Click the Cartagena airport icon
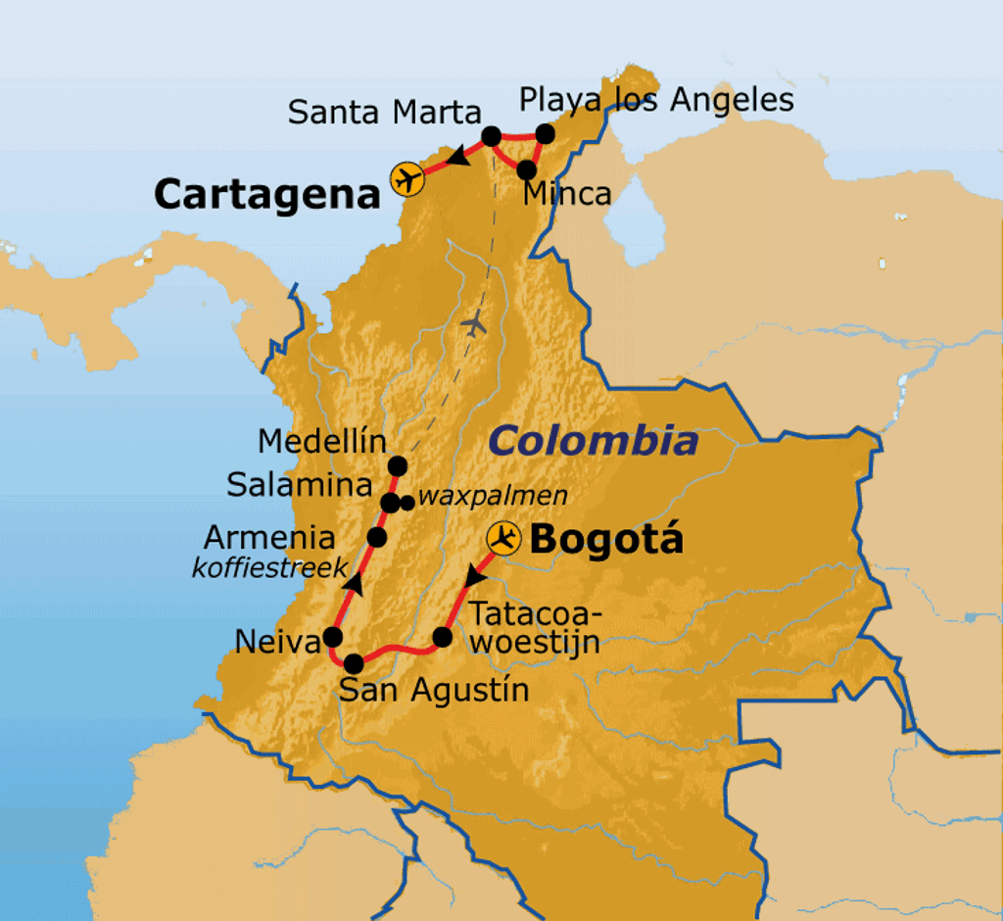pyautogui.click(x=406, y=178)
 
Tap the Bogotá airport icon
pyautogui.click(x=505, y=538)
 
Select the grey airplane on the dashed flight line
pyautogui.click(x=474, y=322)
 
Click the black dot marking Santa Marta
pyautogui.click(x=492, y=135)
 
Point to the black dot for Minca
pyautogui.click(x=526, y=169)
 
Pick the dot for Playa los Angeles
pyautogui.click(x=546, y=134)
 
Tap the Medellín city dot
pyautogui.click(x=397, y=464)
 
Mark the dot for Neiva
pyautogui.click(x=333, y=637)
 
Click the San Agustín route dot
pyautogui.click(x=354, y=663)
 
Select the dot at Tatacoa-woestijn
pyautogui.click(x=442, y=638)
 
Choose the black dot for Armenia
pyautogui.click(x=376, y=537)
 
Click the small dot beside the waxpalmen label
pyautogui.click(x=406, y=503)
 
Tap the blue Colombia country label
pyautogui.click(x=594, y=441)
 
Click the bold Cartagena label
pyautogui.click(x=266, y=194)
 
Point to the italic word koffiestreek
pyautogui.click(x=269, y=567)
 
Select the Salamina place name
pyautogui.click(x=300, y=485)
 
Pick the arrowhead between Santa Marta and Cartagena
pyautogui.click(x=455, y=157)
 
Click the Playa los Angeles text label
pyautogui.click(x=656, y=100)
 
